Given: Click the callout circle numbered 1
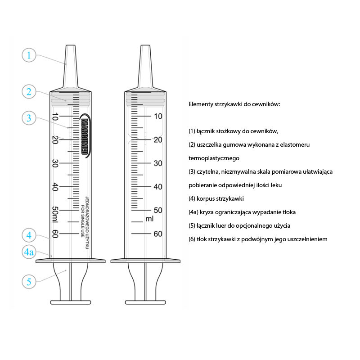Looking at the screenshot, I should pyautogui.click(x=29, y=55).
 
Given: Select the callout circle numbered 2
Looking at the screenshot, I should pyautogui.click(x=29, y=92).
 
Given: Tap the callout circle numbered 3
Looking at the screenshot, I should pyautogui.click(x=29, y=118).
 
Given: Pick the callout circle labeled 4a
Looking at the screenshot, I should pyautogui.click(x=29, y=252).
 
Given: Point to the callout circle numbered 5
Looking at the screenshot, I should pyautogui.click(x=29, y=282).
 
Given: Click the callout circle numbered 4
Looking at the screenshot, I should pyautogui.click(x=29, y=235).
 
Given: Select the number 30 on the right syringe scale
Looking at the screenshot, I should pyautogui.click(x=158, y=163).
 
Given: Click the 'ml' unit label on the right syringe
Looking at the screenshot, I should pyautogui.click(x=150, y=219).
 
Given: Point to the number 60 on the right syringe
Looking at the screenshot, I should pyautogui.click(x=158, y=234).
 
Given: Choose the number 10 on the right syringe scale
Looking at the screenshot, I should pyautogui.click(x=158, y=116).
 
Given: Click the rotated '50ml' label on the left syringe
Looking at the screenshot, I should pyautogui.click(x=55, y=214).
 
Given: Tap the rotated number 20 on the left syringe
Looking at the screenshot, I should pyautogui.click(x=55, y=139).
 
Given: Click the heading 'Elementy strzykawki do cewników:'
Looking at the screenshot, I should pyautogui.click(x=234, y=104).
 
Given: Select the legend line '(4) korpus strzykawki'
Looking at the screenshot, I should pyautogui.click(x=216, y=198).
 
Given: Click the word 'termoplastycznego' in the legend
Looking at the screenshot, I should pyautogui.click(x=214, y=158).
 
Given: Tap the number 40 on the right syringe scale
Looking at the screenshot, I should pyautogui.click(x=158, y=186).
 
